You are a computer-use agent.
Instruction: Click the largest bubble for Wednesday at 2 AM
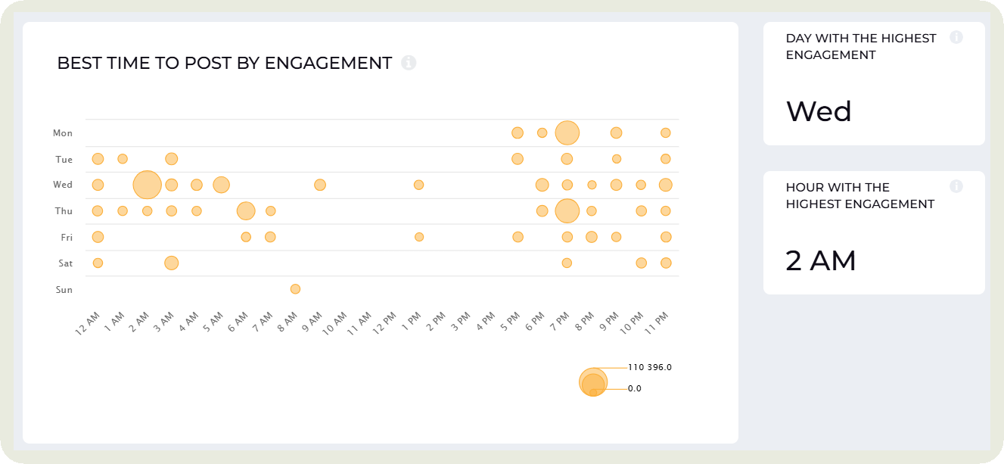[147, 185]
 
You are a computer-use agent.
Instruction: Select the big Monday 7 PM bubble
[567, 133]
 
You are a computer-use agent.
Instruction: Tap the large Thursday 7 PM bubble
[567, 211]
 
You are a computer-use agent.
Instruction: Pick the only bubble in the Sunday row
[295, 289]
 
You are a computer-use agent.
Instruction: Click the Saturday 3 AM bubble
[172, 263]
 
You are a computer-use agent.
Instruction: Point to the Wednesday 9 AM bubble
[320, 185]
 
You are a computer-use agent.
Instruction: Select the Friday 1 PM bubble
[419, 237]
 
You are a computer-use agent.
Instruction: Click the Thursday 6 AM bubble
[246, 211]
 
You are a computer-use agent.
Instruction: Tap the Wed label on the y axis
[63, 185]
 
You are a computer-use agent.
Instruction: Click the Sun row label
[64, 289]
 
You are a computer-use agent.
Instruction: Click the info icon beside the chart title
[409, 63]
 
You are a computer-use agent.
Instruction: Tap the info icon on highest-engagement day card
[956, 37]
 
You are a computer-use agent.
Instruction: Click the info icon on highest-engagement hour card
[956, 186]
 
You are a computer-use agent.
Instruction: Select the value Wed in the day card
[819, 111]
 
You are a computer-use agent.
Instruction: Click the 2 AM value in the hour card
[821, 261]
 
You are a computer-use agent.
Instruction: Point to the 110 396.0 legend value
[649, 367]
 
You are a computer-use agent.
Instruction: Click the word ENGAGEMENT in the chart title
[328, 64]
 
